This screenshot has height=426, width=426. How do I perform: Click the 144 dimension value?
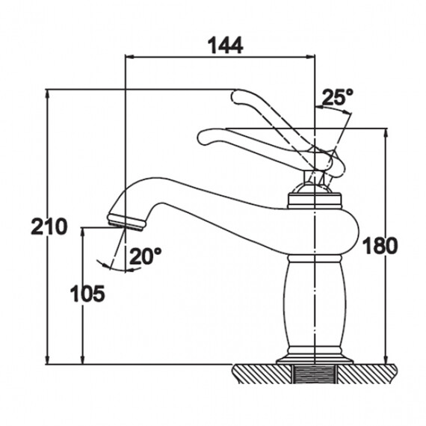click(225, 46)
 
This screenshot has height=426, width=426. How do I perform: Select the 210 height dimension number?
click(49, 226)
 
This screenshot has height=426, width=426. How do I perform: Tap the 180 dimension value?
click(380, 246)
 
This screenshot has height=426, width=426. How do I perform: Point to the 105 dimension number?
click(87, 294)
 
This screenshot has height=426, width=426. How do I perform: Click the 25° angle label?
click(338, 96)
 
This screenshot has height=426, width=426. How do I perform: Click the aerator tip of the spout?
click(126, 222)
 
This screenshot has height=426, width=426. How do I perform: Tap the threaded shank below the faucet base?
click(314, 374)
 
